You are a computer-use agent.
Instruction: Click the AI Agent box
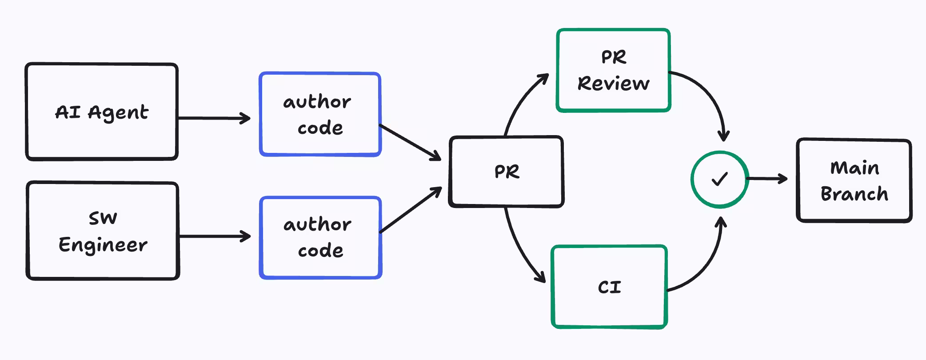(x=102, y=112)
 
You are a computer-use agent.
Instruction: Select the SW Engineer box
(x=103, y=231)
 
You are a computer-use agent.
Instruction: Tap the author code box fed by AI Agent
(x=320, y=114)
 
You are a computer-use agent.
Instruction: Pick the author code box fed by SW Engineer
(x=320, y=237)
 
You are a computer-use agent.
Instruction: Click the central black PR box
(x=506, y=172)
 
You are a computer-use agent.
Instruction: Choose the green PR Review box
(x=613, y=70)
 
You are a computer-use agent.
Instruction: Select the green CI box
(x=609, y=287)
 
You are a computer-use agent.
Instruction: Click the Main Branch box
(x=854, y=180)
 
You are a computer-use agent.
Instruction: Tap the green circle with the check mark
(x=719, y=179)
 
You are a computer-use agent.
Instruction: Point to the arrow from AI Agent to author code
(x=213, y=118)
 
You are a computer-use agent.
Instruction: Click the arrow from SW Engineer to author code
(x=214, y=236)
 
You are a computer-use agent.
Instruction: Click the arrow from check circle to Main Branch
(x=767, y=179)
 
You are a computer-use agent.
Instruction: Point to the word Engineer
(x=103, y=245)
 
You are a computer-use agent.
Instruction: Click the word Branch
(x=854, y=194)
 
